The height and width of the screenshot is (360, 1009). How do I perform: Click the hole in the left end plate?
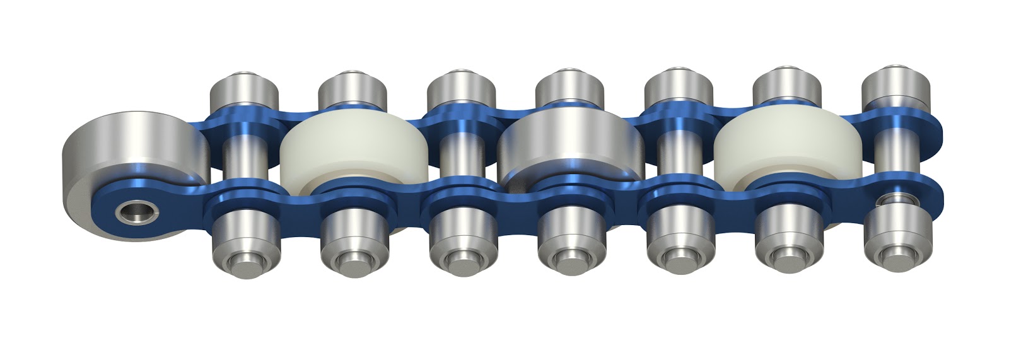131,212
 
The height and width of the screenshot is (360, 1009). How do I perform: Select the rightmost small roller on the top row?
895,88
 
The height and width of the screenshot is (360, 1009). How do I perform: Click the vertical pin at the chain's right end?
894,158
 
